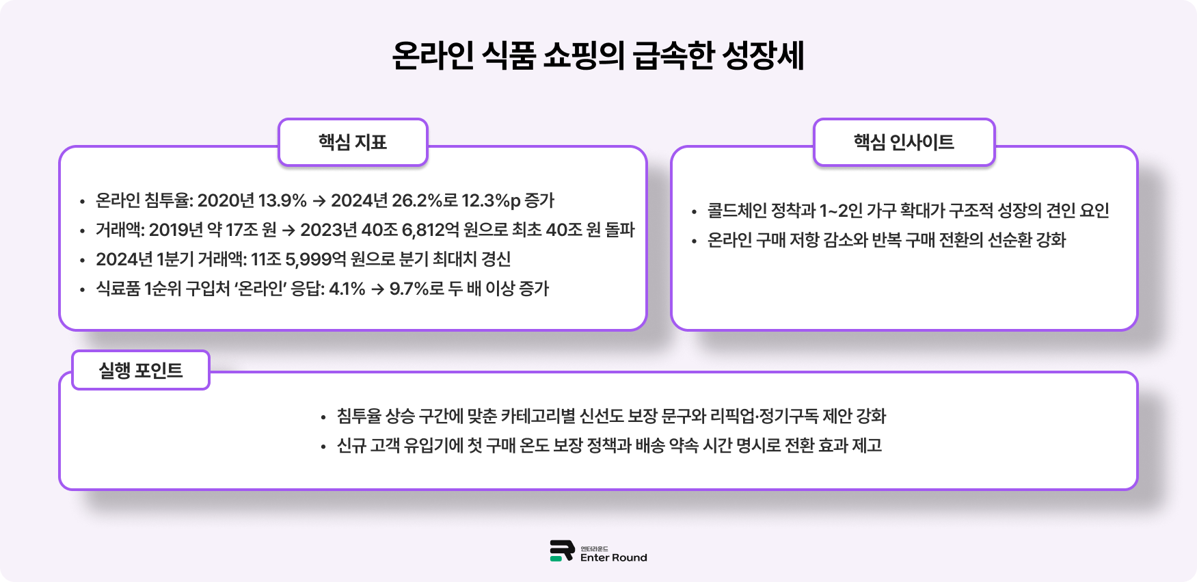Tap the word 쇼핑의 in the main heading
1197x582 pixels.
584,56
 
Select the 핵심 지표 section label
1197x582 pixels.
353,142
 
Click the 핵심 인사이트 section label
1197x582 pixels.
904,142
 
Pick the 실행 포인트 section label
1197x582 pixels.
141,371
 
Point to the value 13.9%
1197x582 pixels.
282,200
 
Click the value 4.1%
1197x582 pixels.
347,289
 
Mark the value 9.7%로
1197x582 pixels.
417,289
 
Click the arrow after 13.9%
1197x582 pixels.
319,201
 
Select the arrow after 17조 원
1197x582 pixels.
288,230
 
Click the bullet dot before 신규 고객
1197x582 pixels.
323,447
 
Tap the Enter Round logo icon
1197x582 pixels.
562,551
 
